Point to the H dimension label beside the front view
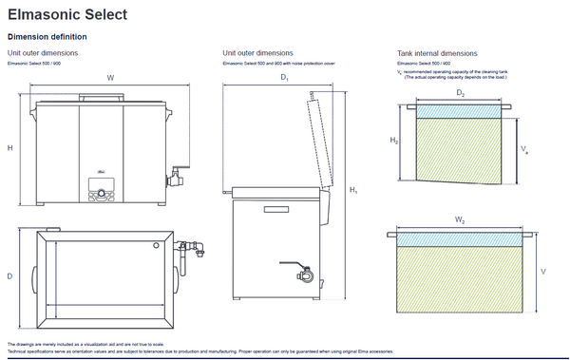coord(9,147)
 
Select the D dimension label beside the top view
coord(9,276)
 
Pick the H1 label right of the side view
coord(352,191)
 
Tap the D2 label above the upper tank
coord(460,93)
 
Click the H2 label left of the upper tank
coord(394,141)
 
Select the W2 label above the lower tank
coord(459,219)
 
